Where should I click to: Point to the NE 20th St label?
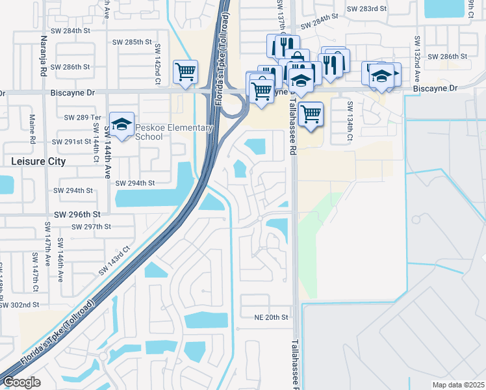pos(270,317)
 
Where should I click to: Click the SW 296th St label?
pos(77,214)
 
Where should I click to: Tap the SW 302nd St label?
pos(20,304)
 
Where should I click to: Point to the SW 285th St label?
pos(129,42)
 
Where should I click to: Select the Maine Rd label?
pos(32,129)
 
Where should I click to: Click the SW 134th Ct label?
pos(350,122)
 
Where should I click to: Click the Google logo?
pos(21,382)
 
